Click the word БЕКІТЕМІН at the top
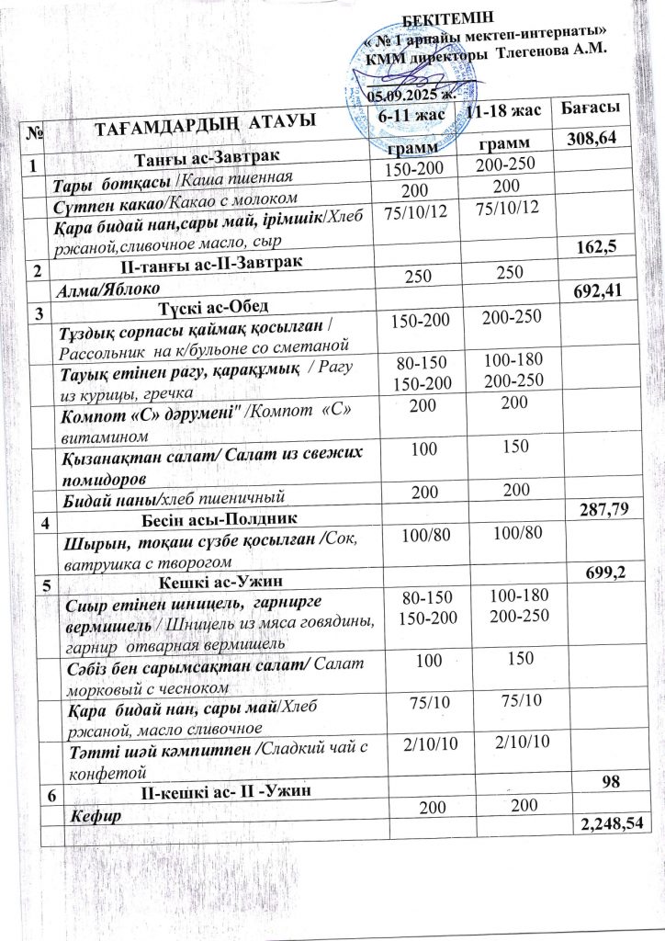point(448,17)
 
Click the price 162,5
point(600,247)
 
